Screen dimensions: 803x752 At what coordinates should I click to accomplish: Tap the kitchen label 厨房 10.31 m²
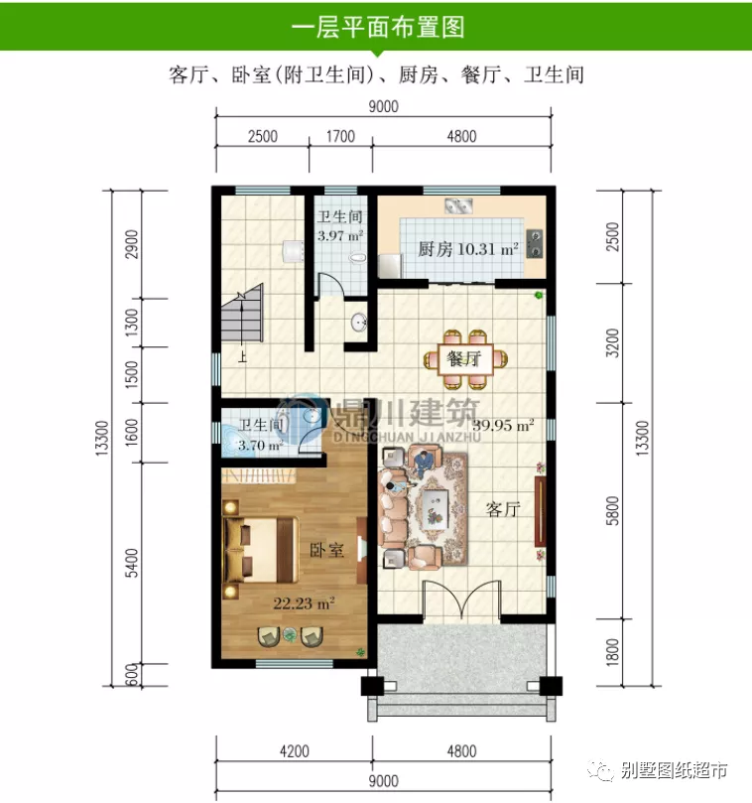[467, 250]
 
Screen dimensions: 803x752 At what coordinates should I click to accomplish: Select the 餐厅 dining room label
[463, 358]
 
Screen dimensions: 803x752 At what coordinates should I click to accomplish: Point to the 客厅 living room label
[503, 509]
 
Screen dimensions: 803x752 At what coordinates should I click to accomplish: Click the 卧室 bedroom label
[326, 550]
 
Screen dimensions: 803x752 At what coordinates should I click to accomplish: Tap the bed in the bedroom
[260, 550]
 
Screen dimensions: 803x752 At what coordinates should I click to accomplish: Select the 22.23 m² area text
[304, 602]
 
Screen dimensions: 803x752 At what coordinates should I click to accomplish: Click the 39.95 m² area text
[503, 426]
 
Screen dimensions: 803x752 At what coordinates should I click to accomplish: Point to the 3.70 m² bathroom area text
[260, 446]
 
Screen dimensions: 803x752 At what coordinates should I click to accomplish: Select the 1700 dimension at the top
[339, 137]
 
